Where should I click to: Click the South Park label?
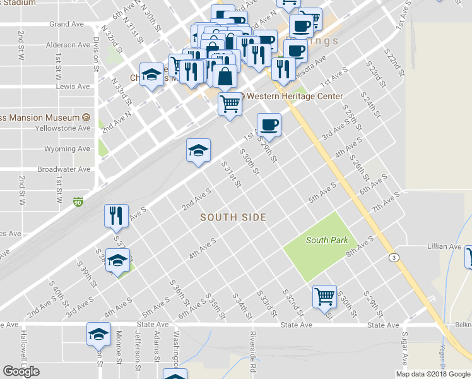[x=326, y=240]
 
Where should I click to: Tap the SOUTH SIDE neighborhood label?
[x=233, y=217]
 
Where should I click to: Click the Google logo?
[x=21, y=371]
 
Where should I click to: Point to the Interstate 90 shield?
[x=78, y=202]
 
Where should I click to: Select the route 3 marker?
[x=394, y=258]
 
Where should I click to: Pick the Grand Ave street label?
[x=67, y=24]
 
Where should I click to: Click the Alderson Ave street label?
[x=68, y=45]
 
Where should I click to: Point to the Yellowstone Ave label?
[x=66, y=128]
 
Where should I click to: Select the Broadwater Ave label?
[x=64, y=169]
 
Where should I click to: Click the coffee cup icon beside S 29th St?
[x=269, y=124]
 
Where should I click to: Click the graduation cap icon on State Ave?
[x=98, y=334]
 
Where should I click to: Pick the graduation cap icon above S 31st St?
[x=198, y=150]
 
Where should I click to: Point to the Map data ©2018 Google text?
[x=432, y=374]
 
